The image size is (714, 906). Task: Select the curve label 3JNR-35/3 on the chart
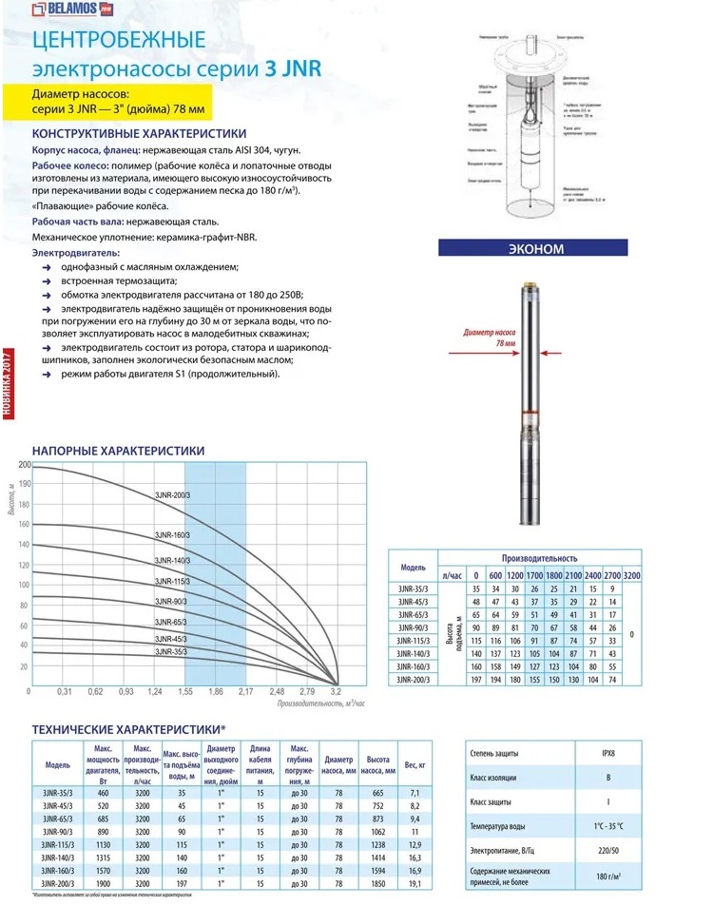(171, 652)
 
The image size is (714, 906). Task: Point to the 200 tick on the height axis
(25, 465)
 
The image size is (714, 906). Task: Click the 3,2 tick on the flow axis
(336, 691)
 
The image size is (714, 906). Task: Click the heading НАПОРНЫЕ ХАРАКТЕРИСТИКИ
(118, 450)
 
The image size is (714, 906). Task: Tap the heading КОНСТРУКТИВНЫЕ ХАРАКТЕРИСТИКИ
(139, 133)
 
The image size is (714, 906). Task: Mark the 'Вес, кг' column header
(415, 764)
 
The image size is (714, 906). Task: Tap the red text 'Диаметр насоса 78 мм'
(487, 338)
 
